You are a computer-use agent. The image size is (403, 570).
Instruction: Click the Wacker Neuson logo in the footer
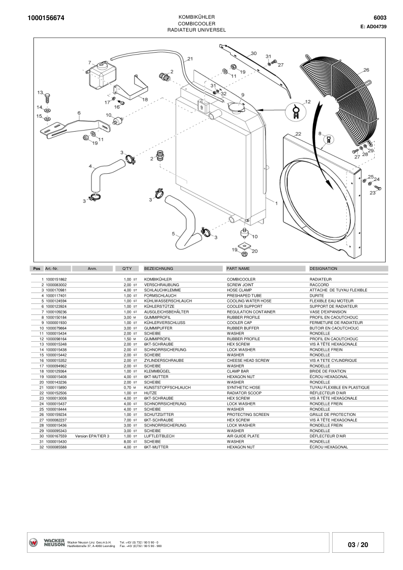47,542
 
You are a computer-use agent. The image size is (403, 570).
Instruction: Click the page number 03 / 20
358,545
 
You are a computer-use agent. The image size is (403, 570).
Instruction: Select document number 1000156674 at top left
46,18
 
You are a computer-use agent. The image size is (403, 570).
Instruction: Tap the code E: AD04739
373,26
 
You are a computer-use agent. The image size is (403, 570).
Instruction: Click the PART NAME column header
238,268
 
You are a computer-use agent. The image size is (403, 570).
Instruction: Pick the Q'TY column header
127,268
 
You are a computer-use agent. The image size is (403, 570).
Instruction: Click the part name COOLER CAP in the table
239,323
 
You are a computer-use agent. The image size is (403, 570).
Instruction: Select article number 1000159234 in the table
56,414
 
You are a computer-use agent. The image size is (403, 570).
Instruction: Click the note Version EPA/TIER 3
92,436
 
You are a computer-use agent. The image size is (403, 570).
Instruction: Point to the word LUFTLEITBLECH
159,436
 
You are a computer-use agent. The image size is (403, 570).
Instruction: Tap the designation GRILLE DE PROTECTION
333,414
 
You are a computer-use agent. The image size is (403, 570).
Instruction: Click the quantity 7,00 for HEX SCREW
127,420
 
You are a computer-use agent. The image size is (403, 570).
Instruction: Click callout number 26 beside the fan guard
366,70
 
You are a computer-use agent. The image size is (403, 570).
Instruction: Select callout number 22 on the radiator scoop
298,134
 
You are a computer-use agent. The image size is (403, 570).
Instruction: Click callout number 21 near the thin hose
190,58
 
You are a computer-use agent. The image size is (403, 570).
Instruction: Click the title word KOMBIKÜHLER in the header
196,17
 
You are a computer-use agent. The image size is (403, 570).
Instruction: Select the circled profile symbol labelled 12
297,111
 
